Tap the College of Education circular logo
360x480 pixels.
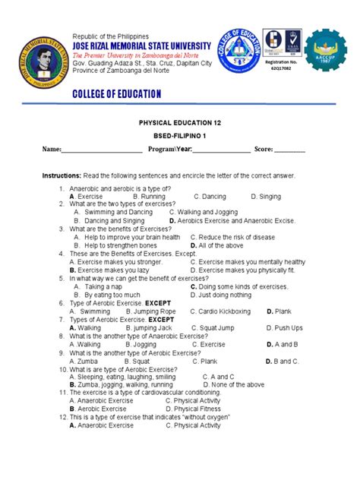tap(243, 52)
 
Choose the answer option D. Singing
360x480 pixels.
tap(267, 196)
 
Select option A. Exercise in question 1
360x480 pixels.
tap(86, 196)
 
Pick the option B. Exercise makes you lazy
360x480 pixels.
tap(109, 270)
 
